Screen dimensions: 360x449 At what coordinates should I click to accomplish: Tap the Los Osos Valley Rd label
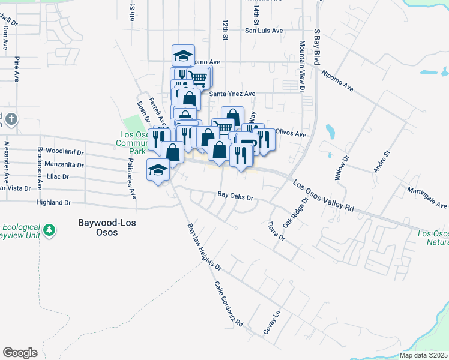325,196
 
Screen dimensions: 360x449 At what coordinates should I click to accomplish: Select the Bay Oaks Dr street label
236,196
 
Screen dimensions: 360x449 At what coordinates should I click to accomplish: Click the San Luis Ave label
263,30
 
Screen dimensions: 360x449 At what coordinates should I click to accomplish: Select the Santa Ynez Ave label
232,94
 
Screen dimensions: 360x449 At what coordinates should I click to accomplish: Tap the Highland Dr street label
53,203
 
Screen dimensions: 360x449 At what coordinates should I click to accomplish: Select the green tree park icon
49,229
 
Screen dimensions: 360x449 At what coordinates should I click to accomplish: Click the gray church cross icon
11,120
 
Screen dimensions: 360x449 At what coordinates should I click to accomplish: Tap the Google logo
20,353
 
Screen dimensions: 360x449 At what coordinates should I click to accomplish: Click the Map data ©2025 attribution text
423,355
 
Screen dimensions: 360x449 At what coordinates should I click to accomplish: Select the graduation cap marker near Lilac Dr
158,170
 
